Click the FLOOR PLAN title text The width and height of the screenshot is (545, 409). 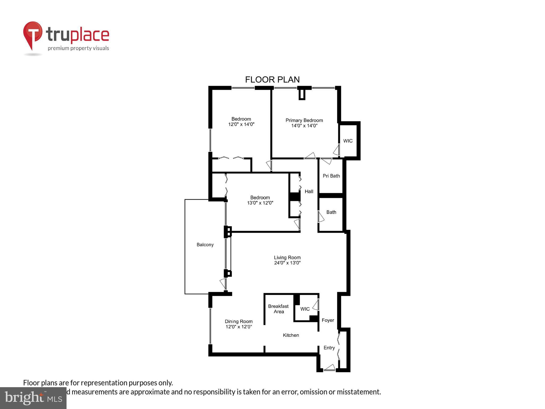272,80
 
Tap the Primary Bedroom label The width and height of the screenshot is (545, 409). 304,120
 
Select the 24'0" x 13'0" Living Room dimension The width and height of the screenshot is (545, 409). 287,263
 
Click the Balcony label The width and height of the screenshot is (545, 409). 205,245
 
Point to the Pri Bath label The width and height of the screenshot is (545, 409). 331,176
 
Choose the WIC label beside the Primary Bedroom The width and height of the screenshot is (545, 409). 348,141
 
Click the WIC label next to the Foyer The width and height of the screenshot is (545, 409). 305,309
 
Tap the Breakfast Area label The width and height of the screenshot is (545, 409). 278,309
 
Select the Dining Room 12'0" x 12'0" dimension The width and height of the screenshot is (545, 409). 239,327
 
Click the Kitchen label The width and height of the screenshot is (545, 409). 291,335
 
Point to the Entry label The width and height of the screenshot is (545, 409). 329,348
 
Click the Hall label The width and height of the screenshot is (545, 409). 309,191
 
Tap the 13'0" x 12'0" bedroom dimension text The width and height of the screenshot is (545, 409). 260,203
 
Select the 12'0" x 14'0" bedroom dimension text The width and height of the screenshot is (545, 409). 241,124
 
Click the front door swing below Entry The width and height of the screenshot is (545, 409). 329,367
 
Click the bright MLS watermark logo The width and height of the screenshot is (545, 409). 33,398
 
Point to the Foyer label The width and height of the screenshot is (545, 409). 328,320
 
